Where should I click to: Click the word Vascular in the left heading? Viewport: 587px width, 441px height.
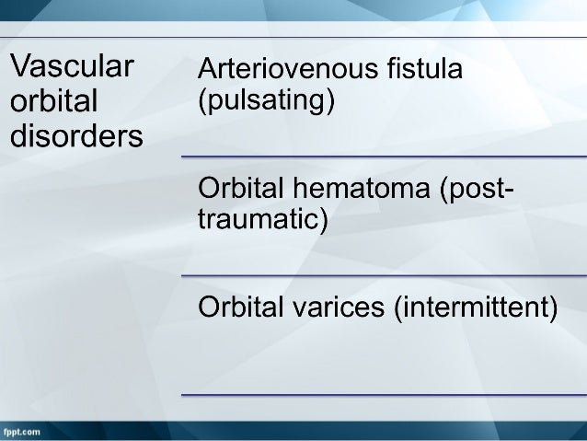[x=71, y=67]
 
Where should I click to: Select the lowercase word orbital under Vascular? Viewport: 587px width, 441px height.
[x=54, y=102]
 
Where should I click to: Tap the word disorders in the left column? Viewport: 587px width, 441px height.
[x=76, y=136]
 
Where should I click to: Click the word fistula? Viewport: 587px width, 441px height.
[x=423, y=69]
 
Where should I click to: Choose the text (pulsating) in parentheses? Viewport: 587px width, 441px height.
[x=267, y=99]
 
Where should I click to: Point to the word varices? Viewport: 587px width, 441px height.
[x=345, y=308]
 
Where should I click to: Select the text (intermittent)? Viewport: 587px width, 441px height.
[x=476, y=308]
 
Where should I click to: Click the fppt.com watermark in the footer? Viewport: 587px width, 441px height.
[x=22, y=431]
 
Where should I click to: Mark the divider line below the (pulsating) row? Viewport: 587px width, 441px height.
[x=383, y=157]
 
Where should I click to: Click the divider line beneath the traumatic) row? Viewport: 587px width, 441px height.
[x=383, y=275]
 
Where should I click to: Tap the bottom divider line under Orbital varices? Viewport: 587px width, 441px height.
[x=383, y=394]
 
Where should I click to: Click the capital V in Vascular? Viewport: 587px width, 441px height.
[x=20, y=67]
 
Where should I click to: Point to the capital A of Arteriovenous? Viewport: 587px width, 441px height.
[x=208, y=69]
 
